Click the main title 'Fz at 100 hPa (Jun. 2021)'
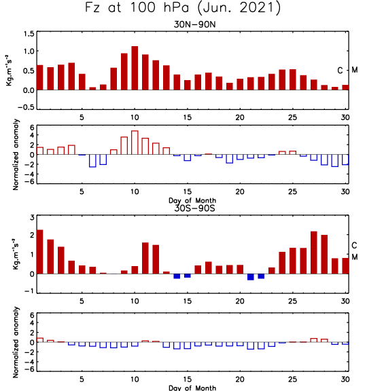tap(183, 8)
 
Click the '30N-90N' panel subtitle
tap(194, 24)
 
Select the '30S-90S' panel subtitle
tap(194, 208)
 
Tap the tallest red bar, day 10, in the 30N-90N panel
tap(135, 68)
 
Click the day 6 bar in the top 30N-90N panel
tap(92, 88)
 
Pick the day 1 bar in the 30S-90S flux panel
tap(39, 252)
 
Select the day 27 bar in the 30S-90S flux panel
tap(314, 253)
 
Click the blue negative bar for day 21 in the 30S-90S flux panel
tap(251, 277)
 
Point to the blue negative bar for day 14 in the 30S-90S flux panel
tap(177, 276)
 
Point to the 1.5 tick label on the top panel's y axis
tap(29, 34)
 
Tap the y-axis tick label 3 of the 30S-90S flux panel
tap(32, 217)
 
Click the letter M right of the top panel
tap(355, 70)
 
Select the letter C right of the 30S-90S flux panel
tap(354, 246)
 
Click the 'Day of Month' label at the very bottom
tap(192, 388)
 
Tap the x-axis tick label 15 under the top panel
tap(188, 117)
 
